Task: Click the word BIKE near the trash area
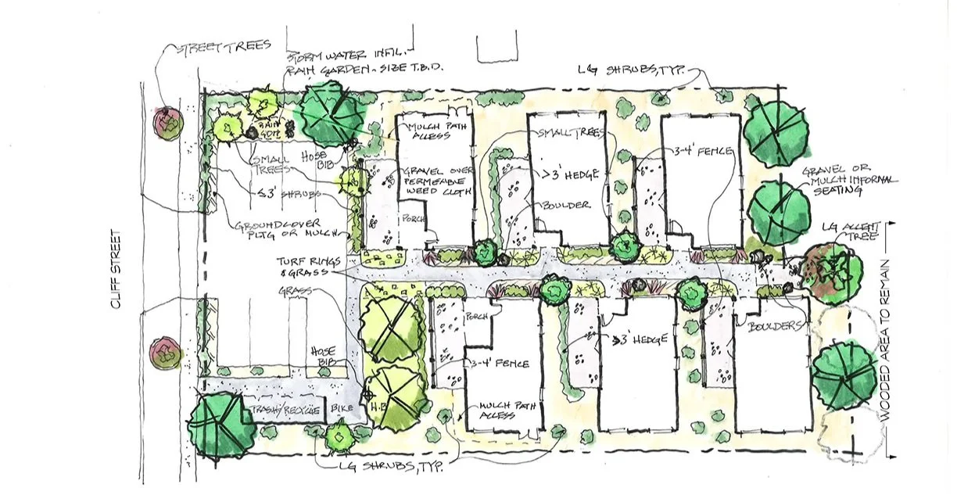click(x=342, y=410)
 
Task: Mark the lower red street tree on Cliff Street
click(x=167, y=353)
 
